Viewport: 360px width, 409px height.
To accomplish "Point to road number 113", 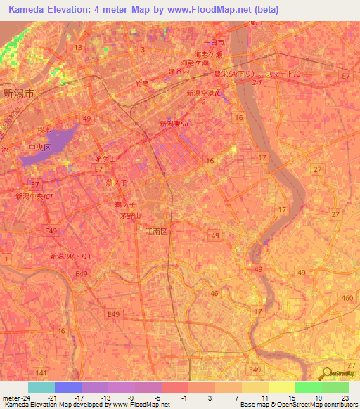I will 76,47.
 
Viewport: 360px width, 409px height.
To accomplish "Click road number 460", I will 346,299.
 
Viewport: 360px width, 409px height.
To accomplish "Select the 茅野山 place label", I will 131,216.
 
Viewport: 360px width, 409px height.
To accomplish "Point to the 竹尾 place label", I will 141,83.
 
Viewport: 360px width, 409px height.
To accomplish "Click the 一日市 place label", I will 212,43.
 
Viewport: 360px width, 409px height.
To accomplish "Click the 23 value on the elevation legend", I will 347,397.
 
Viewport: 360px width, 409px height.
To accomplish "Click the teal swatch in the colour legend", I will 41,387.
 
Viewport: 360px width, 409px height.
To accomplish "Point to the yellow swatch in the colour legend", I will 282,387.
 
